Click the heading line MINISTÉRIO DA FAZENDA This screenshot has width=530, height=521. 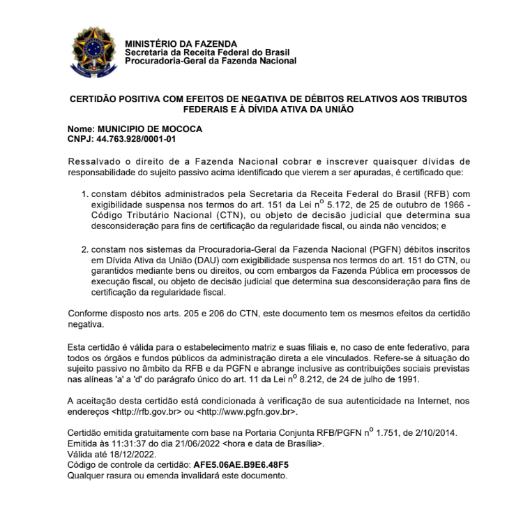(x=181, y=43)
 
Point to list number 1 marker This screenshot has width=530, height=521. (x=84, y=194)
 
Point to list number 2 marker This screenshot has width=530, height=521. (x=84, y=249)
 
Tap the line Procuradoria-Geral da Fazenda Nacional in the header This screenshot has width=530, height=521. (x=210, y=61)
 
